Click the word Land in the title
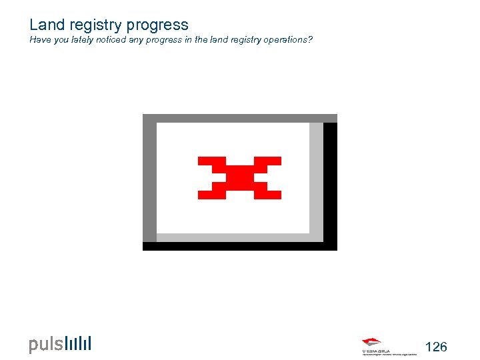(45, 25)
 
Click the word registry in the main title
(91, 25)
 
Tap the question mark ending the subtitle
(310, 40)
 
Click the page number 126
(436, 347)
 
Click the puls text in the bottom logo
(46, 345)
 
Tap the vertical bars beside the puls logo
(78, 343)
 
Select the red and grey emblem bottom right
(373, 343)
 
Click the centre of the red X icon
(239, 177)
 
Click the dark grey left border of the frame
(149, 180)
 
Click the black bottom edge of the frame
(240, 246)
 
